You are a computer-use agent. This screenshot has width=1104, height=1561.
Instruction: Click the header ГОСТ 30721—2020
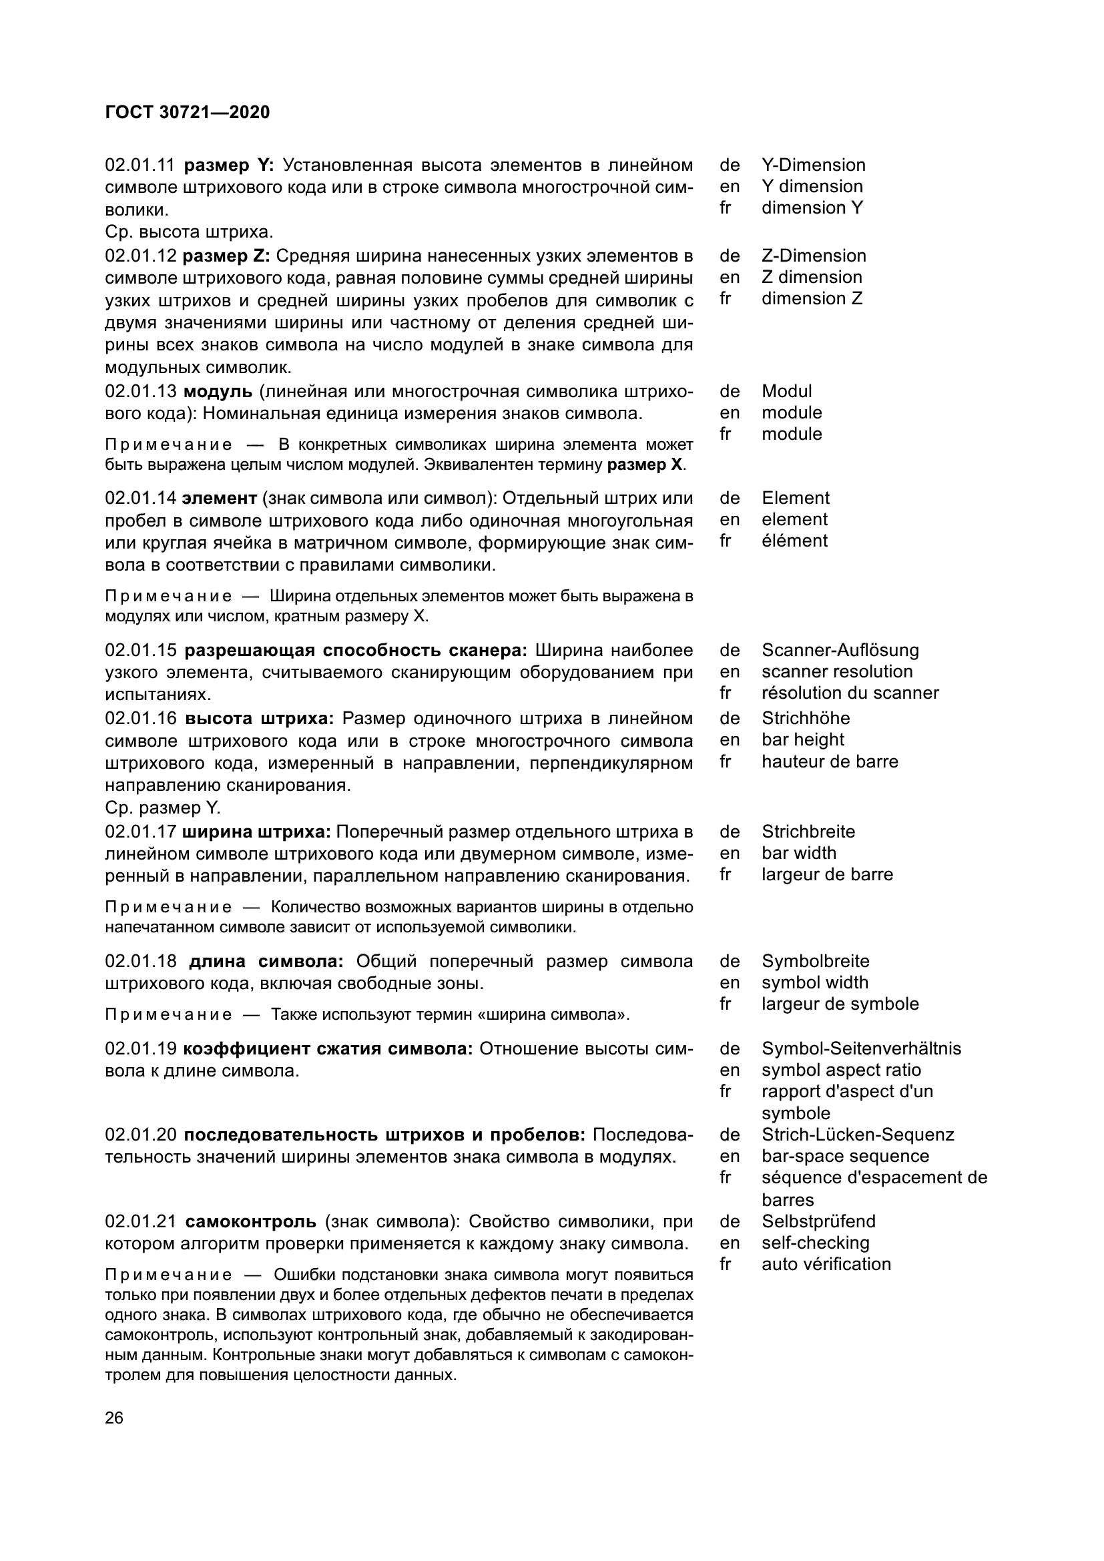point(188,113)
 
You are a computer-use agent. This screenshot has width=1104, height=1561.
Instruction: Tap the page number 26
point(114,1418)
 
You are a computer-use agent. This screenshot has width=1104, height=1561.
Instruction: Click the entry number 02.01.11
point(140,166)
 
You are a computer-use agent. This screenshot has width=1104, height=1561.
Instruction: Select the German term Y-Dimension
point(813,166)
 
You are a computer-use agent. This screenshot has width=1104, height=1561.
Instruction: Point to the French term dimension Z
point(812,298)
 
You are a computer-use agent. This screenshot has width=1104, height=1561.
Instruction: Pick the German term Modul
point(786,392)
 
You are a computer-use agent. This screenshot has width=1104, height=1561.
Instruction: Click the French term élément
point(794,541)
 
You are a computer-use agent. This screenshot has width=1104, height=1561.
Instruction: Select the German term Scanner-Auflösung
point(840,651)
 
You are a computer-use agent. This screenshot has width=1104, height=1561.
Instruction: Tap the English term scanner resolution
point(837,672)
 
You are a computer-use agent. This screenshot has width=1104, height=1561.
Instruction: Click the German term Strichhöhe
point(806,719)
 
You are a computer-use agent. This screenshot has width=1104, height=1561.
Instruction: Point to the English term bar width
point(799,854)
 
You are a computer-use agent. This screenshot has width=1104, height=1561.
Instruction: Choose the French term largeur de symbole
point(840,1004)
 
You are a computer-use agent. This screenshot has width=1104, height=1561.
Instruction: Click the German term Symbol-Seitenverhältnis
point(861,1049)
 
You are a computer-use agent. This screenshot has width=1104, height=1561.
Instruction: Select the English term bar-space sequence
point(845,1157)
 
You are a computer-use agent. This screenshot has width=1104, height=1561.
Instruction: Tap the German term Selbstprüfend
point(818,1222)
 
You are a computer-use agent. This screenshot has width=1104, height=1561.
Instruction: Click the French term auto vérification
point(826,1265)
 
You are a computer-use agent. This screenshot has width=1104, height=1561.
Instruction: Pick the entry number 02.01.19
point(140,1049)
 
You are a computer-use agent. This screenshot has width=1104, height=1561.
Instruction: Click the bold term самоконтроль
point(250,1222)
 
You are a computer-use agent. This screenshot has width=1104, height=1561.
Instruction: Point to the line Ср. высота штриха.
point(189,232)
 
